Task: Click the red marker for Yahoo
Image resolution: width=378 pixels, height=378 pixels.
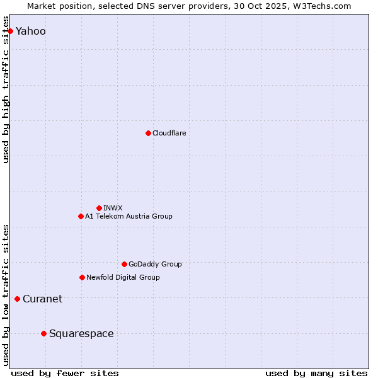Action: pyautogui.click(x=10, y=31)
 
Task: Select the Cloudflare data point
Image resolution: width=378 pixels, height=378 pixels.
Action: pyautogui.click(x=148, y=133)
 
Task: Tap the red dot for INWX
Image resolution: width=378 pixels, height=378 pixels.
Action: pyautogui.click(x=99, y=208)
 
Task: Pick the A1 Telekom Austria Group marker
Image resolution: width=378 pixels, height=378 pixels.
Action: pyautogui.click(x=81, y=216)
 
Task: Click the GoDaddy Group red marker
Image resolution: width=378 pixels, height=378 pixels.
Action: pyautogui.click(x=124, y=264)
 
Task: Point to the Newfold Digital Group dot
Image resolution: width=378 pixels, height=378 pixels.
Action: pyautogui.click(x=82, y=277)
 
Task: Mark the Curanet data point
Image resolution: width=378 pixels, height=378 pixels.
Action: pyautogui.click(x=17, y=299)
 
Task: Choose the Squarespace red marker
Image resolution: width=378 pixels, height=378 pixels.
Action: pyautogui.click(x=43, y=333)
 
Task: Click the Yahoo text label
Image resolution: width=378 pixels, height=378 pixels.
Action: pyautogui.click(x=30, y=31)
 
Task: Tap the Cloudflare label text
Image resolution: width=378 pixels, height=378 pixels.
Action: pyautogui.click(x=169, y=133)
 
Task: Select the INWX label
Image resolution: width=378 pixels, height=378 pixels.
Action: pyautogui.click(x=113, y=208)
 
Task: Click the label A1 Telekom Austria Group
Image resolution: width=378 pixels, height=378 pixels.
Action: pyautogui.click(x=129, y=216)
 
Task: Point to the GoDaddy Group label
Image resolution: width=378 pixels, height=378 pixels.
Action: pyautogui.click(x=155, y=264)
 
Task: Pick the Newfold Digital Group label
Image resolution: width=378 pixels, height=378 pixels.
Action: pyautogui.click(x=123, y=277)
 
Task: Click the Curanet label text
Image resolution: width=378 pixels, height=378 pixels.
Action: pyautogui.click(x=42, y=299)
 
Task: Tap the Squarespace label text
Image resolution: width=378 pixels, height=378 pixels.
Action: pyautogui.click(x=81, y=334)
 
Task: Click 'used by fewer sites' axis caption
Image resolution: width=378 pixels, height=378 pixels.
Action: pyautogui.click(x=65, y=373)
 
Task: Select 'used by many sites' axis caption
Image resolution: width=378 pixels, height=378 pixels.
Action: pyautogui.click(x=316, y=373)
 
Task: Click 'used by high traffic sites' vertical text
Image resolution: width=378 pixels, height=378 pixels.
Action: pyautogui.click(x=6, y=94)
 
